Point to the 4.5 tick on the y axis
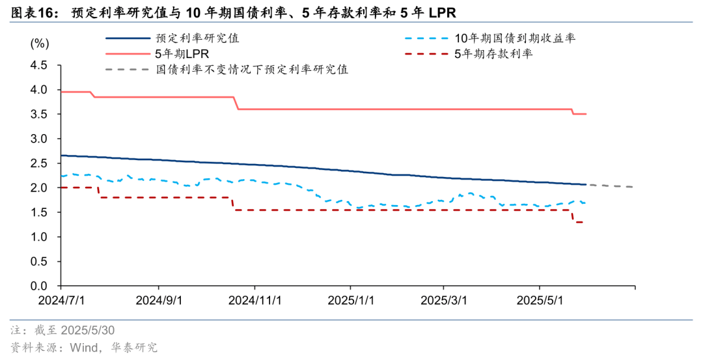point(39,65)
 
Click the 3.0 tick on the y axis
point(39,139)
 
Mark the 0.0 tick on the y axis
point(39,286)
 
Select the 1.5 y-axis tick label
point(39,212)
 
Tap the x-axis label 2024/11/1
point(255,301)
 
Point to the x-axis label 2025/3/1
point(444,301)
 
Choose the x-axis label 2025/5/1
point(539,301)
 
